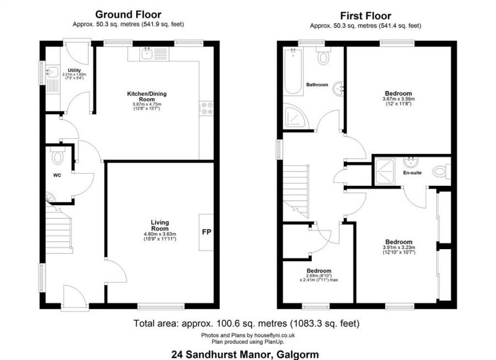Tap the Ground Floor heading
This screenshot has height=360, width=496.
tap(128, 14)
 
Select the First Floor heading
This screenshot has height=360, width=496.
tap(366, 15)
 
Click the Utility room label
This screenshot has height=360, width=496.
tap(74, 71)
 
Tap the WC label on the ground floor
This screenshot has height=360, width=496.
tap(57, 176)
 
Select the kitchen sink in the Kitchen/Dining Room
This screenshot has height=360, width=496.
tap(147, 53)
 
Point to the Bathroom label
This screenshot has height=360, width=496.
tap(317, 85)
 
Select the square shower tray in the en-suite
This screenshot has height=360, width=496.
tap(387, 171)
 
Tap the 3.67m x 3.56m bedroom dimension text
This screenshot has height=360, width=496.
tap(398, 99)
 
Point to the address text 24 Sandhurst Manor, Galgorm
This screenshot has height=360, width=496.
tap(245, 354)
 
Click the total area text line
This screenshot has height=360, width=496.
tap(246, 324)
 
